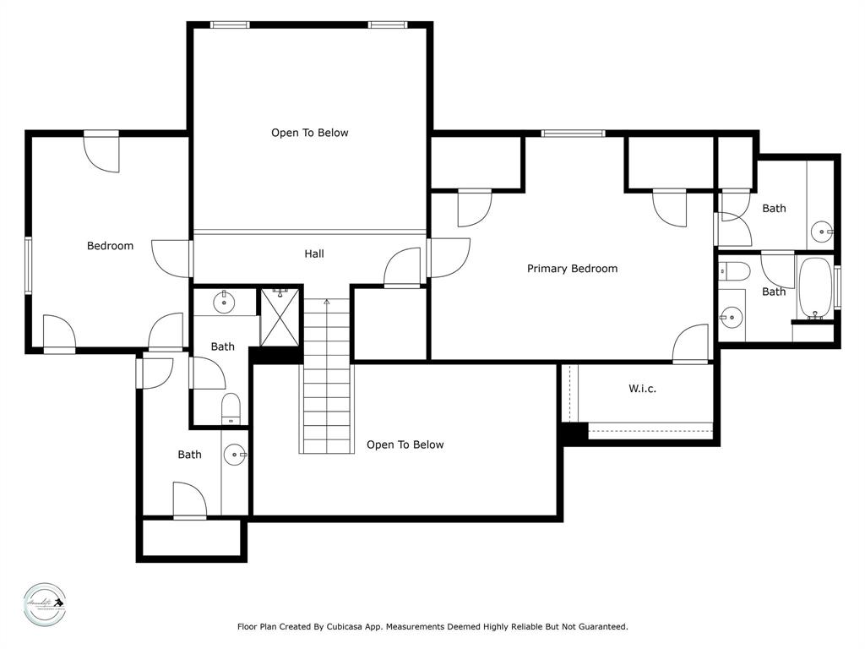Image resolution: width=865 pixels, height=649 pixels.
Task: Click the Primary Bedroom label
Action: (x=572, y=269)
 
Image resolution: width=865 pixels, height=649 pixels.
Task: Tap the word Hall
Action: (x=313, y=254)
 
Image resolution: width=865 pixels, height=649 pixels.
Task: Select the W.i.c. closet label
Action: (x=642, y=389)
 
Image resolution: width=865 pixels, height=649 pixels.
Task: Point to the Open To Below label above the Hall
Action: (x=309, y=133)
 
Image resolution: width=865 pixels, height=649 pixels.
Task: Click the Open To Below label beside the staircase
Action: (x=405, y=444)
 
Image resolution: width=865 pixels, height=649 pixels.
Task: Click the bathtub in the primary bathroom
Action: (x=815, y=287)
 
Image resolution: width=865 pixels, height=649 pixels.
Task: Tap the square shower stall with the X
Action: (x=280, y=317)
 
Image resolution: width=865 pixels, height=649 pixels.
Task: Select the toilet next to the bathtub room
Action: (x=734, y=271)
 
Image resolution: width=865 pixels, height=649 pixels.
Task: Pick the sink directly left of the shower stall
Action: (x=225, y=302)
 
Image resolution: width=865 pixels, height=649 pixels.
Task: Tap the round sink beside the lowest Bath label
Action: (x=235, y=455)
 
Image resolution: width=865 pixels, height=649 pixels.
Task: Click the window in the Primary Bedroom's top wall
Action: (x=573, y=133)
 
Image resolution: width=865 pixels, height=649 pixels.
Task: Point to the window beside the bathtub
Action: (x=837, y=287)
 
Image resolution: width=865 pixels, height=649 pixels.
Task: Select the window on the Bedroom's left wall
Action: (x=28, y=265)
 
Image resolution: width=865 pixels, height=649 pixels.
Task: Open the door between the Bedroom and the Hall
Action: (x=173, y=258)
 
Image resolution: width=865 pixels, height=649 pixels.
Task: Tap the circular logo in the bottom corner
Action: (x=44, y=605)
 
